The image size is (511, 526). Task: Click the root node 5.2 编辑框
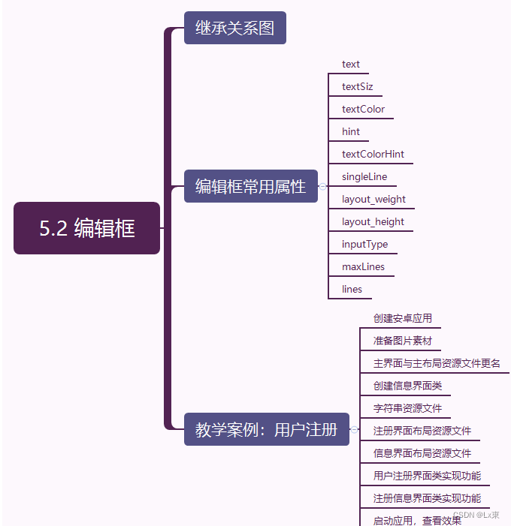tap(86, 228)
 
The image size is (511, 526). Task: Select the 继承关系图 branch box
tap(234, 29)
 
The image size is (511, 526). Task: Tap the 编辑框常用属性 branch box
tap(250, 186)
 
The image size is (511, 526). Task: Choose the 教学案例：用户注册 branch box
tap(266, 430)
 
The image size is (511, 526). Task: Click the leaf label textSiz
tap(357, 86)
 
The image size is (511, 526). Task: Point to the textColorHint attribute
tap(373, 154)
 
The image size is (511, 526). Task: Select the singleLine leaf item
tap(364, 176)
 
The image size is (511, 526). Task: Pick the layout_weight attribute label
tap(373, 199)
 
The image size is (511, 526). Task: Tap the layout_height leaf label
tap(373, 221)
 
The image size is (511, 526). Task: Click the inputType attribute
tap(364, 244)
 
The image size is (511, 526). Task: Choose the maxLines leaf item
tap(363, 266)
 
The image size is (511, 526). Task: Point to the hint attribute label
tap(351, 131)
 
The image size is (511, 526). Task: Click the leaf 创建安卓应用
tap(403, 318)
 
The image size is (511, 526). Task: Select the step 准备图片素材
tap(403, 341)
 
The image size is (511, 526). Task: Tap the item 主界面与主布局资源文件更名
tap(437, 363)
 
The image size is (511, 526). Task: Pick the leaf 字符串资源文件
tap(407, 408)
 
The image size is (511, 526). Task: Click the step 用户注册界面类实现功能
tap(427, 475)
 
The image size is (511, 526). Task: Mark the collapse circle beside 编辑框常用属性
tap(322, 186)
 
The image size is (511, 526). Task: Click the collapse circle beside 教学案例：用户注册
tap(354, 430)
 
